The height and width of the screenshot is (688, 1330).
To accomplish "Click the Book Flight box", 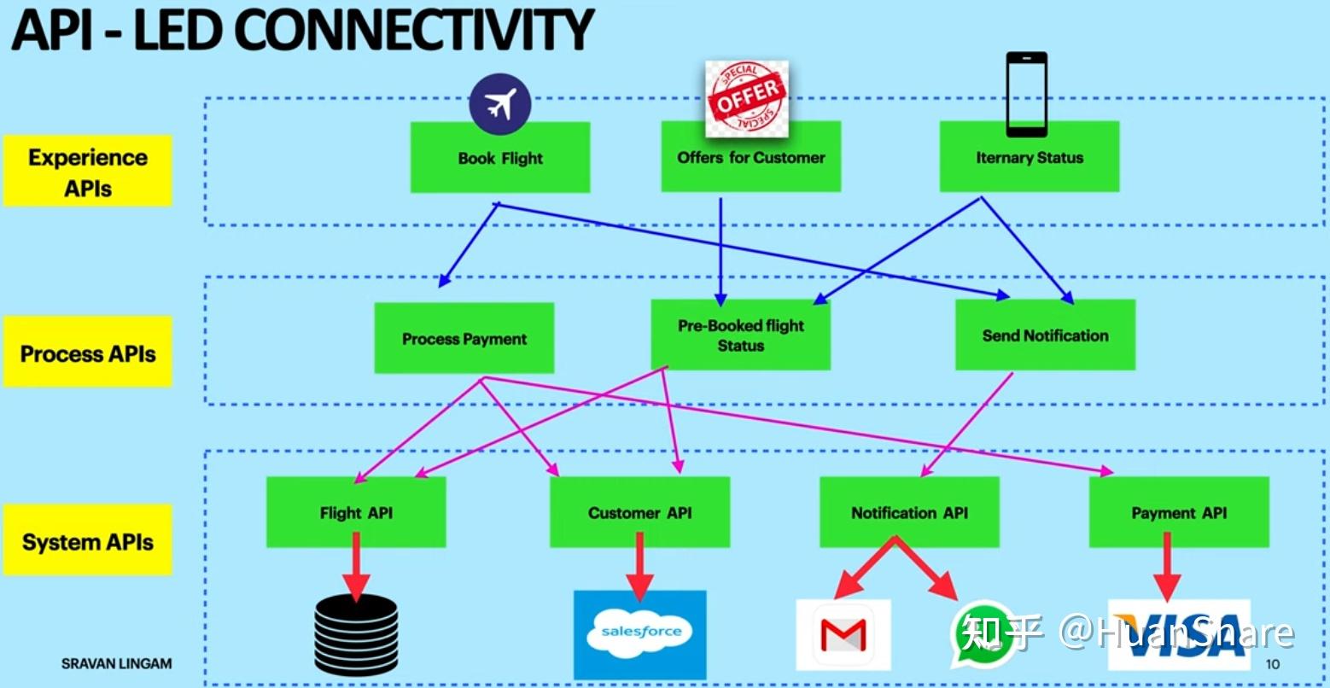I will (499, 158).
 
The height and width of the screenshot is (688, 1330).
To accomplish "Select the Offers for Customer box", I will (750, 157).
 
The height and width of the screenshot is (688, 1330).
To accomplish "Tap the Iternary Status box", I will (1029, 157).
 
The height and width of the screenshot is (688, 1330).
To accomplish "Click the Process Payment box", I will (464, 339).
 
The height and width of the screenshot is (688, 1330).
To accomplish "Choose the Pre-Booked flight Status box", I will (740, 335).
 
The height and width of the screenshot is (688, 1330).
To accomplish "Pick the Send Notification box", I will (1045, 335).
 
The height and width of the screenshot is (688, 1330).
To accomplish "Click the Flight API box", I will (355, 512).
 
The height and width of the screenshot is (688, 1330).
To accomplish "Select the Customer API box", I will (639, 512).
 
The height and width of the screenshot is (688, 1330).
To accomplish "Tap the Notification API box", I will (909, 512).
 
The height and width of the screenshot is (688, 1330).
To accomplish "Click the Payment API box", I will (1178, 512).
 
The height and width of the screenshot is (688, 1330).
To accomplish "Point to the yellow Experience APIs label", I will (87, 172).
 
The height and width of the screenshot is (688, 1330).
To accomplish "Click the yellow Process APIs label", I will (87, 353).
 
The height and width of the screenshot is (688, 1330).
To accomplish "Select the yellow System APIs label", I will (87, 540).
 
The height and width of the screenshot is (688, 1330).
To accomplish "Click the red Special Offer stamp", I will (747, 97).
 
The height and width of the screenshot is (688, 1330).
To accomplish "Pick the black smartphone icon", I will (1026, 94).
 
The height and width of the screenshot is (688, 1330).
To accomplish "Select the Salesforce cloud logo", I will (640, 633).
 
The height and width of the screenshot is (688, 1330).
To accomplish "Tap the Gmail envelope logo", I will (843, 635).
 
